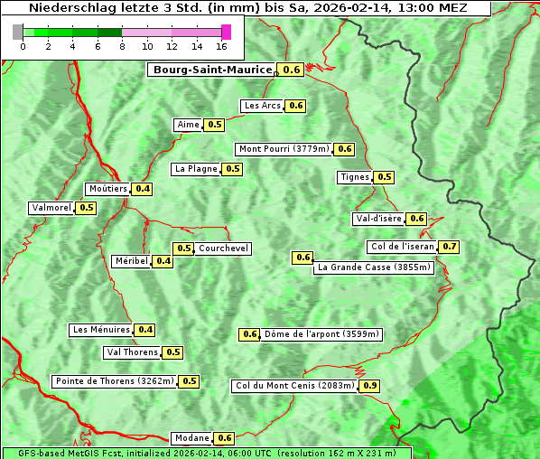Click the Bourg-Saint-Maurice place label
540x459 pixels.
coord(212,70)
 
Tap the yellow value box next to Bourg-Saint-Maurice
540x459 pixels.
coord(291,70)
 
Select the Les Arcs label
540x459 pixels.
coord(263,106)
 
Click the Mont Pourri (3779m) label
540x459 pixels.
coord(284,149)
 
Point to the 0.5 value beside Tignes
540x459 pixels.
coord(385,177)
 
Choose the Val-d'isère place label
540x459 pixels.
coord(378,219)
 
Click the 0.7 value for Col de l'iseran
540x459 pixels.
coord(449,247)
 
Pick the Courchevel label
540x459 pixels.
coord(223,248)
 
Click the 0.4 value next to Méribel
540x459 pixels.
coord(163,261)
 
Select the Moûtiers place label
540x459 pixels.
coord(107,189)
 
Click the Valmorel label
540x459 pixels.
coord(51,208)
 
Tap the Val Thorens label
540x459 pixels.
coord(132,352)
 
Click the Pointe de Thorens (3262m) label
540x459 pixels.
coord(114,381)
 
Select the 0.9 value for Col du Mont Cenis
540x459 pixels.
coord(369,386)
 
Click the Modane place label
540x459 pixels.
coord(191,438)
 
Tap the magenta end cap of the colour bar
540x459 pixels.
coord(226,32)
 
